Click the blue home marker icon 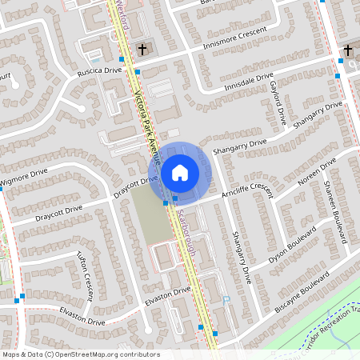[180, 172]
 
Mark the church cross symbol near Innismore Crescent [142, 50]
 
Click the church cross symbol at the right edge [348, 50]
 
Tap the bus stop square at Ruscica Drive [138, 71]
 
